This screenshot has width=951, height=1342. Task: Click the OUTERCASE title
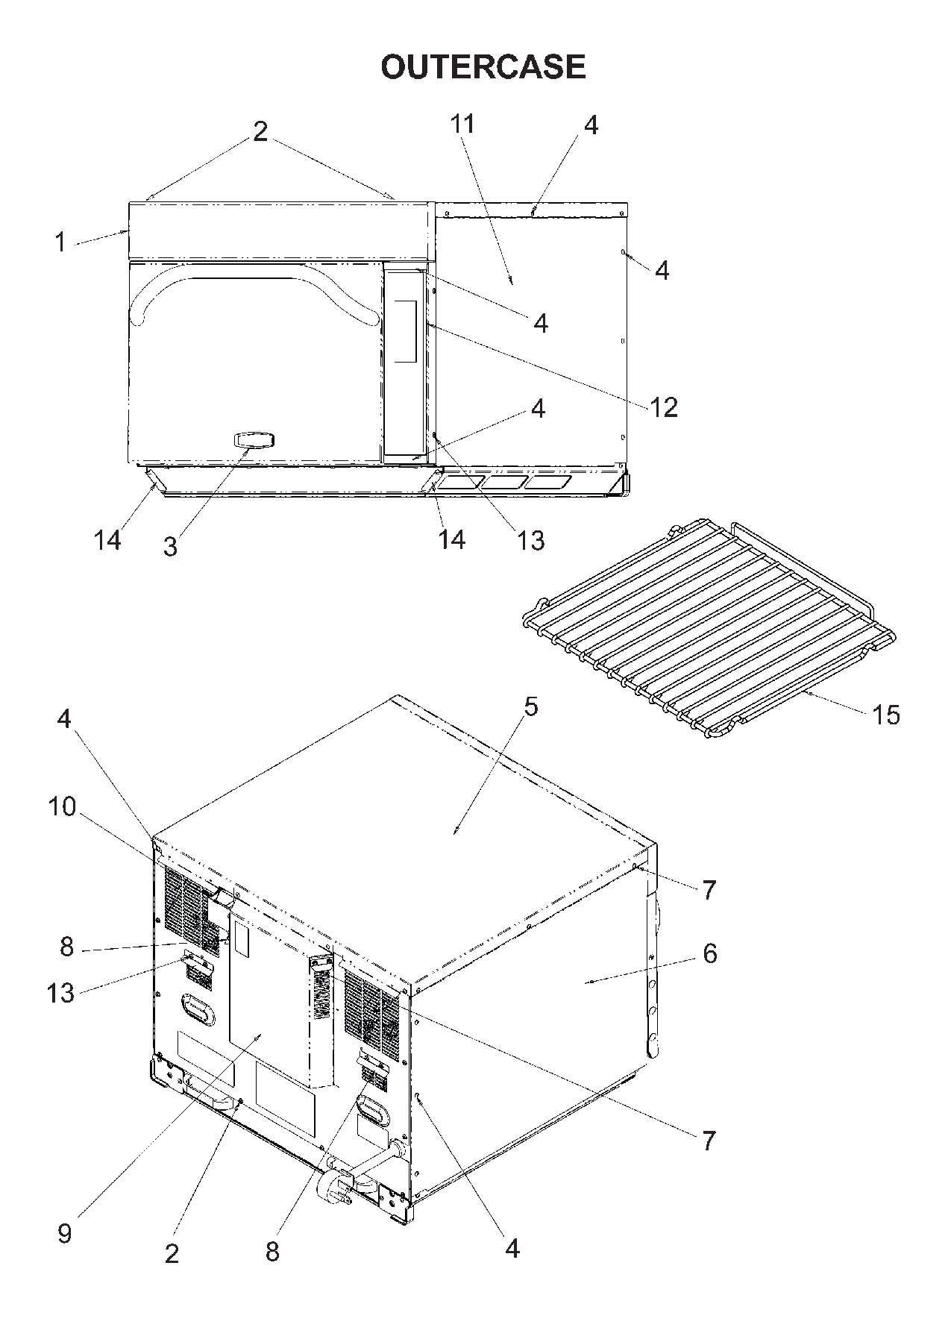483,67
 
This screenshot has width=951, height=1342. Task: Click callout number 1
60,242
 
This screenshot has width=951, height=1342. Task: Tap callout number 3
171,547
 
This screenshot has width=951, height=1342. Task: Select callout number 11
462,124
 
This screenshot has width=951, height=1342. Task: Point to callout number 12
663,407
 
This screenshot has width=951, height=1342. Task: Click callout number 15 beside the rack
885,715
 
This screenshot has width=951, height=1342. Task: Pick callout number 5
530,706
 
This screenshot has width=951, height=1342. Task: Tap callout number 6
709,953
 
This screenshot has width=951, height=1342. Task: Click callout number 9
65,1233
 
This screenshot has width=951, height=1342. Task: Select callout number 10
63,806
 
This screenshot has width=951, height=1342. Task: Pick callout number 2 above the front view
260,132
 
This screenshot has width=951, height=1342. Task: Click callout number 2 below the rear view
172,1253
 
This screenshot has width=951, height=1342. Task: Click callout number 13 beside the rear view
61,993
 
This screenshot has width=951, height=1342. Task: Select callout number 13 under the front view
530,539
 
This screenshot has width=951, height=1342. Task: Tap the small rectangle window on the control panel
405,331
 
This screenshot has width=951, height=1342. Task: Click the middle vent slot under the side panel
503,483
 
